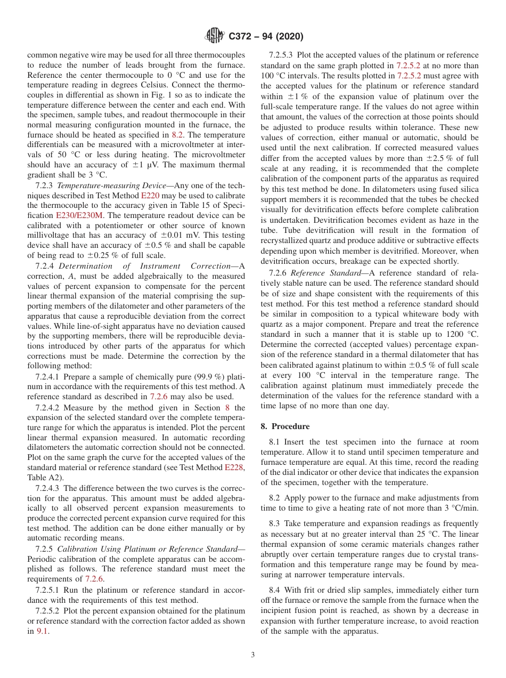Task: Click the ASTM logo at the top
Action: point(215,36)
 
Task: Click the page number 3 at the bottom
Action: point(252,655)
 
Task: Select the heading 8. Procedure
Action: point(285,426)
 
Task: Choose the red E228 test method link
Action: point(234,467)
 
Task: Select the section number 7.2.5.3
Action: point(282,55)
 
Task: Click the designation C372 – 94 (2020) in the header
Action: point(266,36)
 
